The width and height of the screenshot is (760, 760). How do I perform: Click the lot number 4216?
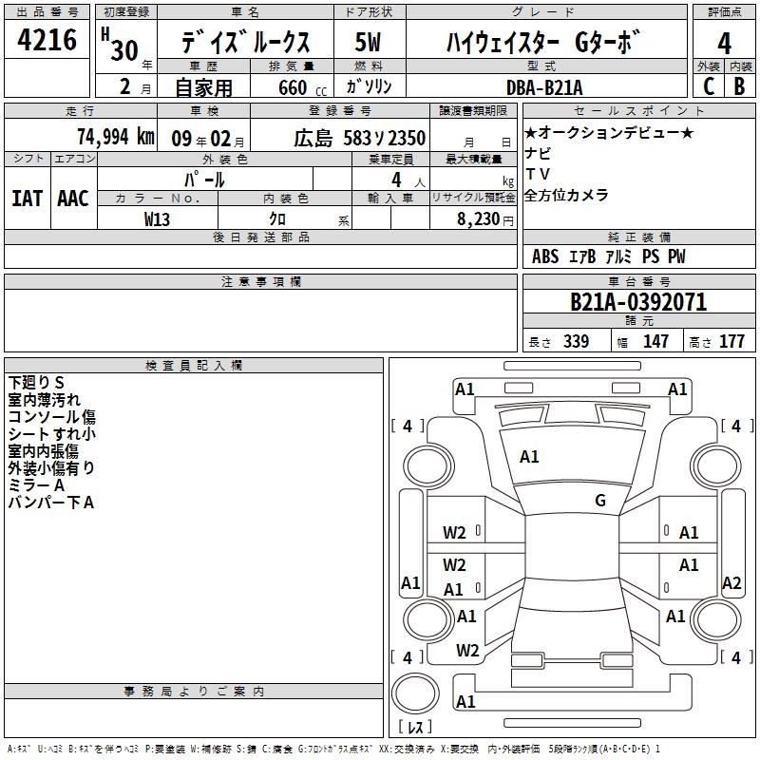[47, 40]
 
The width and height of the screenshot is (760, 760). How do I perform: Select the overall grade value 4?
[724, 44]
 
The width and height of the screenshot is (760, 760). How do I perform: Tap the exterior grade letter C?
[709, 86]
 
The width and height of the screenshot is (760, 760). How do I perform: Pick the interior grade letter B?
[739, 86]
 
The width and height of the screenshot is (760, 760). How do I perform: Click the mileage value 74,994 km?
[116, 137]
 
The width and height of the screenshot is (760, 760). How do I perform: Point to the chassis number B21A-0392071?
[638, 302]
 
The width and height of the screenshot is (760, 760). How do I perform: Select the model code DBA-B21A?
[544, 87]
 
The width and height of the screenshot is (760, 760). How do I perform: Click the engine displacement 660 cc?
[302, 88]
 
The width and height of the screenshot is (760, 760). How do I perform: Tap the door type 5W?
[368, 42]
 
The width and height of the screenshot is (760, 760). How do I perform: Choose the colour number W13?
[157, 219]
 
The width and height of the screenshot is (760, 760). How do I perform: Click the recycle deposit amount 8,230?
[479, 219]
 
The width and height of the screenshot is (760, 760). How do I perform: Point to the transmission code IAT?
[28, 199]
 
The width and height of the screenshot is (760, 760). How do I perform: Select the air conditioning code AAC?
[73, 199]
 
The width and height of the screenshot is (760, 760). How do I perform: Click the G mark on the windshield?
[600, 500]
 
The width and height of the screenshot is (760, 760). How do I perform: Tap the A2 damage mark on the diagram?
[731, 582]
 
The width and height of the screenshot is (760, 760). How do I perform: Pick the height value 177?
[731, 341]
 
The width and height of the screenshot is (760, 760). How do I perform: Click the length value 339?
[577, 341]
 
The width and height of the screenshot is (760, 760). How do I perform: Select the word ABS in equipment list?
[545, 256]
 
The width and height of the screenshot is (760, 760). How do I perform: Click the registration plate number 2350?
[407, 139]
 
